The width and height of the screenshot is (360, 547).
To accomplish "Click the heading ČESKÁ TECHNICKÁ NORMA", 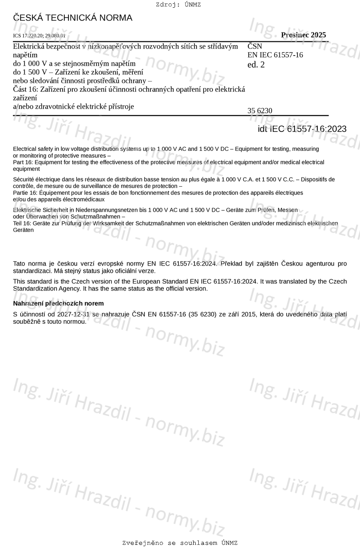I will pyautogui.click(x=72, y=18).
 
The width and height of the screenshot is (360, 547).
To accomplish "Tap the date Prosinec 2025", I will pyautogui.click(x=303, y=35).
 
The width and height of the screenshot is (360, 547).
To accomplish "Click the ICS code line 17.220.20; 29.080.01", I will pyautogui.click(x=39, y=36).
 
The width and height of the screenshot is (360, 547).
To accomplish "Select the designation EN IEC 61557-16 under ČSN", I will pyautogui.click(x=275, y=55).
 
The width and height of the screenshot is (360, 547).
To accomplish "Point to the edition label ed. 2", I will pyautogui.click(x=256, y=65).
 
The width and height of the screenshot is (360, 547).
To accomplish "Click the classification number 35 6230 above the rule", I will pyautogui.click(x=260, y=111).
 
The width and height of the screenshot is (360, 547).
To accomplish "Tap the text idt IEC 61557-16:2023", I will pyautogui.click(x=302, y=129).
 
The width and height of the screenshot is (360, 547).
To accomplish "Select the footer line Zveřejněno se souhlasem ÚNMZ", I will pyautogui.click(x=180, y=543).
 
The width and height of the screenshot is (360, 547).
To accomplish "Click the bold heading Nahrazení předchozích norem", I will pyautogui.click(x=58, y=303).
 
